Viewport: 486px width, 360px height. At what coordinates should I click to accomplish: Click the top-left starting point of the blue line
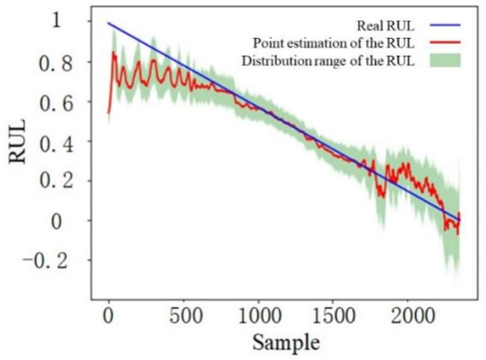(109, 24)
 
